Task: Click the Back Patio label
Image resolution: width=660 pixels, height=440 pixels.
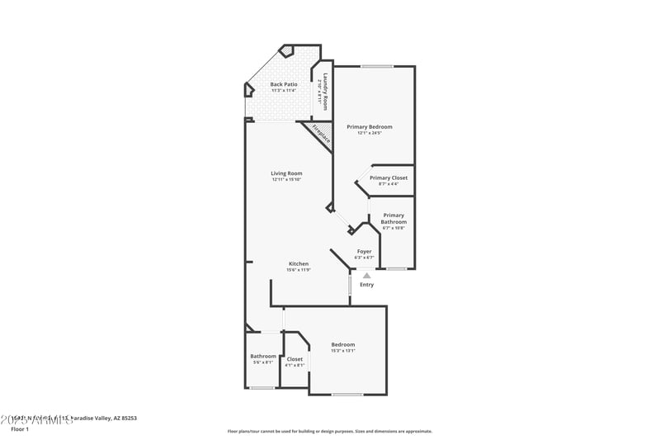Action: click(282, 84)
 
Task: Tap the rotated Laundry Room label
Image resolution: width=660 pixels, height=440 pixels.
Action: click(326, 91)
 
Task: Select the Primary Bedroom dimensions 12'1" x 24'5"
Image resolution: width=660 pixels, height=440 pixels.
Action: click(369, 133)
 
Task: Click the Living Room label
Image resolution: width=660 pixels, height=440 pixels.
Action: click(286, 173)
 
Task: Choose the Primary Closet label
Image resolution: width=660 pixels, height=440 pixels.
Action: click(388, 177)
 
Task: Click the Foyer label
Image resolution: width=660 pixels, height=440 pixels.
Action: click(364, 251)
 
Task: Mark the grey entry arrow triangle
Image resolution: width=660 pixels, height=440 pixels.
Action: click(366, 276)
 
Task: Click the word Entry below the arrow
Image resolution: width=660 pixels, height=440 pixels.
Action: click(366, 285)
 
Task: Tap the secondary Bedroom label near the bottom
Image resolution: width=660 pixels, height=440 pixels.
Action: click(343, 344)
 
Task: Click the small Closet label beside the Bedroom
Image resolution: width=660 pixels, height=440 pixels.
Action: click(295, 359)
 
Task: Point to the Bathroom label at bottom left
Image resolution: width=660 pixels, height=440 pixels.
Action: click(263, 356)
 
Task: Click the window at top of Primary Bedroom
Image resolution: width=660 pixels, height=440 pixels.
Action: click(376, 66)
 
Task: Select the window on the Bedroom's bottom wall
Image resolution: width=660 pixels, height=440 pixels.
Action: click(346, 395)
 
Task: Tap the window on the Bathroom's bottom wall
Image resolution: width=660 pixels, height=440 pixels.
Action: click(262, 388)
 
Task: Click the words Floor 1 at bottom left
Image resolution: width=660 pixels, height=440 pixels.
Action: click(19, 429)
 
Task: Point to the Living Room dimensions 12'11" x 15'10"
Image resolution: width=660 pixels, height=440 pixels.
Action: click(286, 180)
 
